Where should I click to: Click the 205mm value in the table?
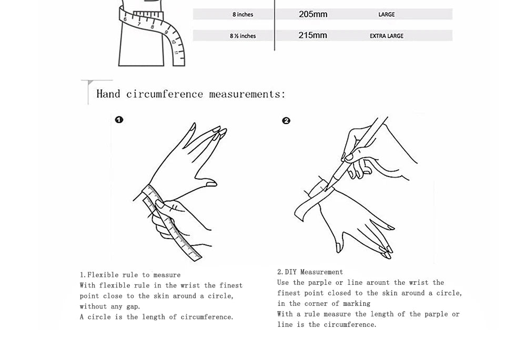[313, 14]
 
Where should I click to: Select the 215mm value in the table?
[313, 35]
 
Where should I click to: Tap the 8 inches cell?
[243, 15]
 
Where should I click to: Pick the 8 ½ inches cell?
[242, 36]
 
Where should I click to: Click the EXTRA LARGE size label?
[387, 36]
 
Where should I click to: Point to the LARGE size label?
[387, 15]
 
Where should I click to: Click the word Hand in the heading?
[108, 94]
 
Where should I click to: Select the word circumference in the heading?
[165, 94]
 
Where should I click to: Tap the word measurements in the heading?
[247, 94]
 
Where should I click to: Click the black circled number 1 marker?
[119, 120]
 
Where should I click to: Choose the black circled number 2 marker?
[286, 121]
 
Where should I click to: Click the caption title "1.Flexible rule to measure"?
[130, 275]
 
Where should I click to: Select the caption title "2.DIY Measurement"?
[310, 272]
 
